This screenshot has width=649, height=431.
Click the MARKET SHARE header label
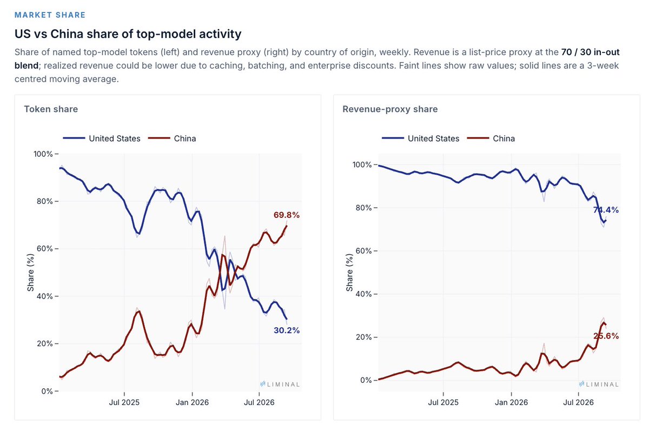[x=50, y=15]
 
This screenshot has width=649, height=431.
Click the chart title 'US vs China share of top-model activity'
[x=128, y=34]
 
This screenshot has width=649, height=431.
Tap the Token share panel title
[x=51, y=109]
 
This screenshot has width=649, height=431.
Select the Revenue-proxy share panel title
[x=390, y=109]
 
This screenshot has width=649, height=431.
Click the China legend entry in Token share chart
[x=172, y=138]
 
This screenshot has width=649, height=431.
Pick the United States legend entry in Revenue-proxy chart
[x=420, y=138]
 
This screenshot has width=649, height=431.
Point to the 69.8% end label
[x=286, y=215]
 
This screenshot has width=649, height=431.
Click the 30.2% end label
[x=287, y=330]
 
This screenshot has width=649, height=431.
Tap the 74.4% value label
[x=606, y=210]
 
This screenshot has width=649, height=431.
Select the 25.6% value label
[x=606, y=336]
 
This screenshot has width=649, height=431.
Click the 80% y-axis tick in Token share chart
[x=44, y=201]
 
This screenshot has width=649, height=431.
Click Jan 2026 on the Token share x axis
[x=192, y=402]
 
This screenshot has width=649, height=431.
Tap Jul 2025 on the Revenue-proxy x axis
[x=443, y=402]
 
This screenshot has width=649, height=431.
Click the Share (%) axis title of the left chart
[x=30, y=272]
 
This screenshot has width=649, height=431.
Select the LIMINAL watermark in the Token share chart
[x=280, y=384]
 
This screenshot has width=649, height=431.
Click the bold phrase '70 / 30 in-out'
[x=590, y=52]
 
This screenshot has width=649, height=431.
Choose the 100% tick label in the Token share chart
[x=43, y=154]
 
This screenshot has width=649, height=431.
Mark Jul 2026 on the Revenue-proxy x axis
[x=578, y=402]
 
